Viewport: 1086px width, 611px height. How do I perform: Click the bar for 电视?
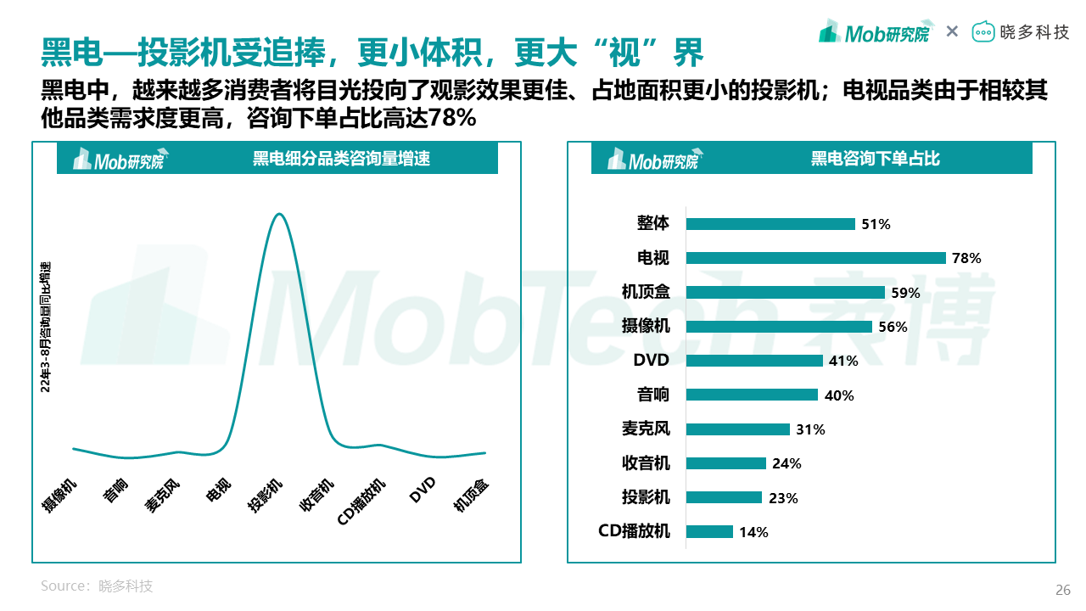(x=815, y=258)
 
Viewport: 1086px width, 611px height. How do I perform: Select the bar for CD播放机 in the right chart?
(x=709, y=531)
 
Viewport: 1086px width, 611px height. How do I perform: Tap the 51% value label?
(x=876, y=224)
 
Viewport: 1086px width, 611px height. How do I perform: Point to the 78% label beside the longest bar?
(x=966, y=258)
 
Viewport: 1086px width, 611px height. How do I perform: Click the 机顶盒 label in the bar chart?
(x=646, y=292)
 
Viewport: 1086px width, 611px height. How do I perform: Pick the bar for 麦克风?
(x=737, y=429)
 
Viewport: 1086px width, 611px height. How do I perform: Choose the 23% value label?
(x=783, y=498)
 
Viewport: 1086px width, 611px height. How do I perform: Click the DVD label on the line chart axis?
(x=422, y=489)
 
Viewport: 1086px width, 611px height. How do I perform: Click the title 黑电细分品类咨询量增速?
(x=341, y=159)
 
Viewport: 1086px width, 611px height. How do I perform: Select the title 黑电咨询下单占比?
(x=875, y=159)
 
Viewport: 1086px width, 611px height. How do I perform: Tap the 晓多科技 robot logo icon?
(x=982, y=32)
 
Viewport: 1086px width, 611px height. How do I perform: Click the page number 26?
(x=1062, y=591)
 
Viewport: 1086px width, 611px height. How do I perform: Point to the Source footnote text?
(x=97, y=586)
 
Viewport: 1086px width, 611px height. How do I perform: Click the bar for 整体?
(x=770, y=224)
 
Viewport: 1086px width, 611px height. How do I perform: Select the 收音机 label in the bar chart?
(x=646, y=463)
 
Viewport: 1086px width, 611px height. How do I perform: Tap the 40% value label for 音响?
(x=838, y=395)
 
